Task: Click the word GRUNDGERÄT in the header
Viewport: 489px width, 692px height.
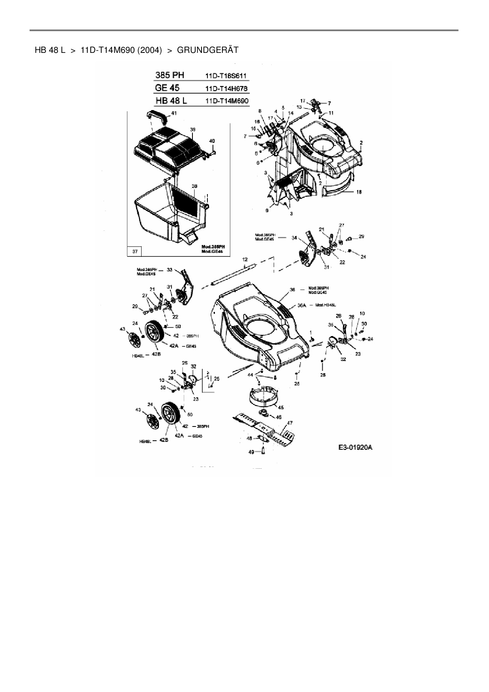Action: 208,50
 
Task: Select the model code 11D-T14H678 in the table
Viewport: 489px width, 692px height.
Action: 227,88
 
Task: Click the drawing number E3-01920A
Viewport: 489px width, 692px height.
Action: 355,448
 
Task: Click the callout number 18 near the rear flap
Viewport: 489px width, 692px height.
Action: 359,192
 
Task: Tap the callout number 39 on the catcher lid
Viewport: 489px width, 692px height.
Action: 193,129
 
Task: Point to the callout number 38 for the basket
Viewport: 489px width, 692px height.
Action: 194,186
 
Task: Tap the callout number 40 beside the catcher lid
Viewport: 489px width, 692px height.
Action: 212,141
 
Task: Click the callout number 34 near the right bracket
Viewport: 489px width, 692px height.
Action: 294,238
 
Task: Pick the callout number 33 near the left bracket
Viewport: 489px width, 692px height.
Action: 170,270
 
